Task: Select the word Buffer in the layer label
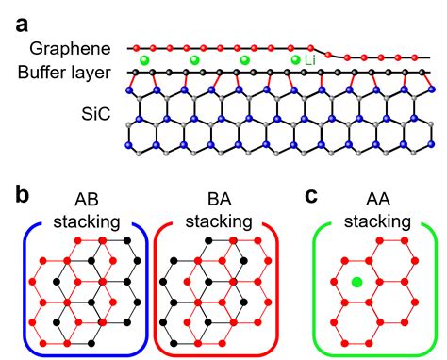tap(43, 72)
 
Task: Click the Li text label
tap(310, 60)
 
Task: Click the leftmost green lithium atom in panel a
tap(145, 60)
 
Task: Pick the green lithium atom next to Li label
tap(295, 60)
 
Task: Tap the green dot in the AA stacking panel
tap(356, 282)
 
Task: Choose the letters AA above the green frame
tap(377, 201)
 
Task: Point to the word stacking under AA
tap(377, 222)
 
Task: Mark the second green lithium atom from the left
tap(195, 60)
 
